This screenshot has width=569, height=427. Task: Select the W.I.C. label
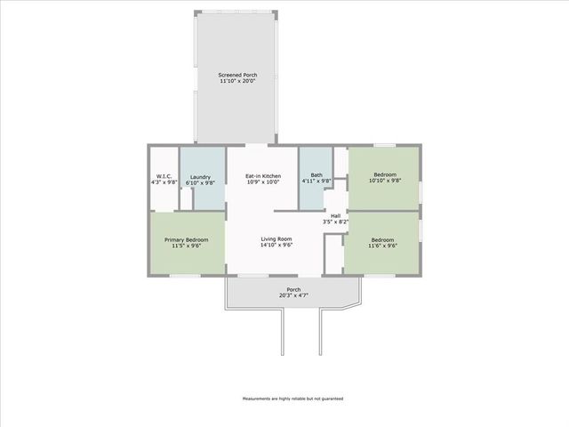[x=164, y=176]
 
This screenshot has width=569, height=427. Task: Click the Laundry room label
[x=200, y=176]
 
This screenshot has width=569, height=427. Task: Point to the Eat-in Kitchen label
[x=262, y=176]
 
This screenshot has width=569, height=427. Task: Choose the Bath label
[x=316, y=176]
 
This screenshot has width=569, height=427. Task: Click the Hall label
[x=335, y=215]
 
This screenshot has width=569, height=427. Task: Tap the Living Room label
[x=276, y=238]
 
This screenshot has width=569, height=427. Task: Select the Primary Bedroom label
[x=187, y=239]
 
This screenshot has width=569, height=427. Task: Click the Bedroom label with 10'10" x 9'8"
[x=385, y=174]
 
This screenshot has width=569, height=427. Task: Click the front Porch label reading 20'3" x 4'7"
[x=293, y=289]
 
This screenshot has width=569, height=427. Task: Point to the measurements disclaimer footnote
[x=293, y=399]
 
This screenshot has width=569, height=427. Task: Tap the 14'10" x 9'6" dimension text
[x=276, y=245]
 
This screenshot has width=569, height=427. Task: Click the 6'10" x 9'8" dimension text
[x=200, y=182]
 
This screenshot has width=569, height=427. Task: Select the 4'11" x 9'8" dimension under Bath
[x=316, y=181]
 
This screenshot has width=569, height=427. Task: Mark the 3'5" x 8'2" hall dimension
[x=335, y=222]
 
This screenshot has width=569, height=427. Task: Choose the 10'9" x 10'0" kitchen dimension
[x=262, y=182]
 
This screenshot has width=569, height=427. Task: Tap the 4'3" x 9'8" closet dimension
[x=164, y=182]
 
